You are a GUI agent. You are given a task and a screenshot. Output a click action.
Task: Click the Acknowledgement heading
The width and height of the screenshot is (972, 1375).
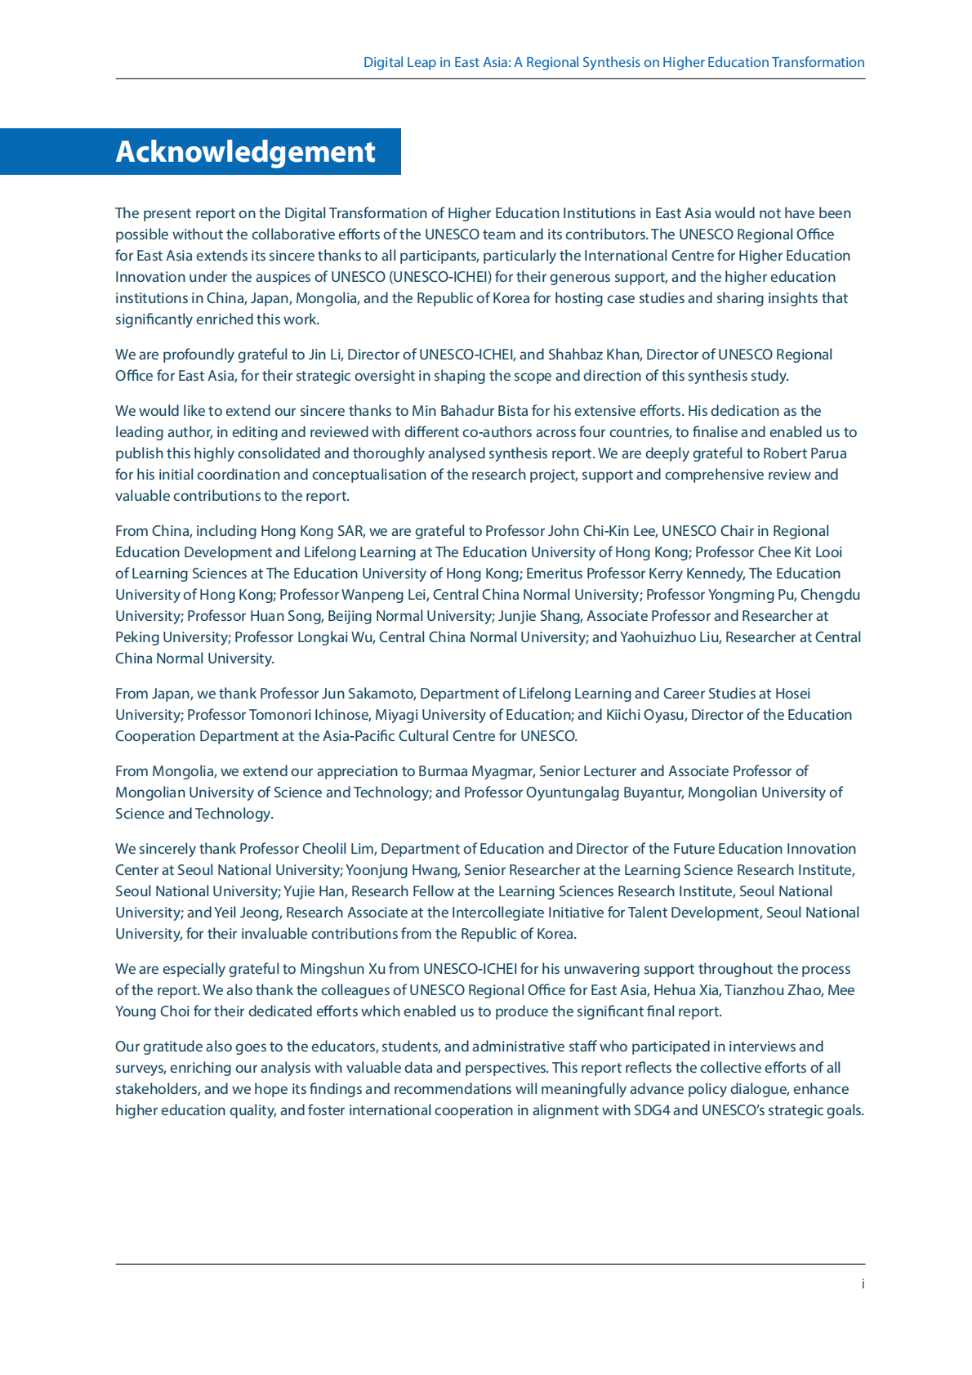pos(245,152)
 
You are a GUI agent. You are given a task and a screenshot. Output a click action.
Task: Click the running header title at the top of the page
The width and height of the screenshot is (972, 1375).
pos(613,62)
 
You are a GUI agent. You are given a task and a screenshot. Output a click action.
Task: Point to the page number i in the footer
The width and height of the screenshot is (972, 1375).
pos(863,1284)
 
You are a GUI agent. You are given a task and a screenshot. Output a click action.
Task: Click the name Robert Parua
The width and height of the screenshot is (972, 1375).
pos(805,453)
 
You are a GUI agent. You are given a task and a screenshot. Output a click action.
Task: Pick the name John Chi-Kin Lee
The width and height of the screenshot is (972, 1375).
pos(602,531)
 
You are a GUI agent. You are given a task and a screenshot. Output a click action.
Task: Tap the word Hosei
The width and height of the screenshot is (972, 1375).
pos(792,694)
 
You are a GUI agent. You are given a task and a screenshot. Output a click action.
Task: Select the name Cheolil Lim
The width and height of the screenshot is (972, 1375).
pos(338,849)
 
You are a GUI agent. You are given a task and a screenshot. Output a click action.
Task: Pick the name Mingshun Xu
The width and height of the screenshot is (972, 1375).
pos(342,969)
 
